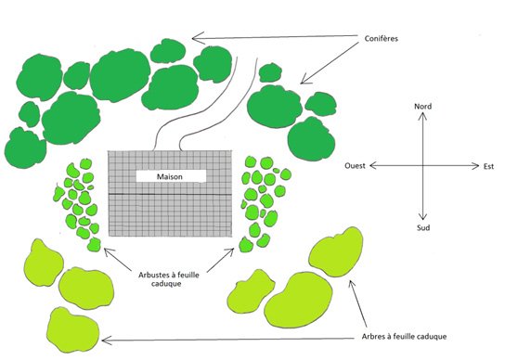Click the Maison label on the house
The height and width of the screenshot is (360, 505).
[170, 176]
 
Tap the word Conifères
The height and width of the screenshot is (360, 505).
[382, 39]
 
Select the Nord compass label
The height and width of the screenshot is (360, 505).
[423, 107]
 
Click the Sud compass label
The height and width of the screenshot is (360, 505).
[423, 227]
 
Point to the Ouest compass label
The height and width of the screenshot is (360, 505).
[355, 165]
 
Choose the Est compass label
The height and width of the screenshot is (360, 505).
[488, 166]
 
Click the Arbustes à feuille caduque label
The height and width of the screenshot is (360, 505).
[169, 279]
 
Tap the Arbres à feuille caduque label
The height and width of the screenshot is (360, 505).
[404, 337]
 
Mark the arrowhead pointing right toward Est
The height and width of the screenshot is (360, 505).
[476, 166]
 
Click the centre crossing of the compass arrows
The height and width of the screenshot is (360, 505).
[422, 166]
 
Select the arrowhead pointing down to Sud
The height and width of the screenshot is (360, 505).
[422, 217]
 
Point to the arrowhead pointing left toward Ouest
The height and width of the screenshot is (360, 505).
[373, 165]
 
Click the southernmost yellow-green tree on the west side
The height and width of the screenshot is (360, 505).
[72, 329]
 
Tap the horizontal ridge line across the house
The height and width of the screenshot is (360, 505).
[170, 194]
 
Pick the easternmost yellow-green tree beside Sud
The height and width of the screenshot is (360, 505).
[336, 252]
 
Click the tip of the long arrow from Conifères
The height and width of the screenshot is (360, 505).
[192, 39]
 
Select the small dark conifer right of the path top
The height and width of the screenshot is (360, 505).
[270, 72]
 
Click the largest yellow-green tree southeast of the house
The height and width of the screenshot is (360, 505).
[298, 300]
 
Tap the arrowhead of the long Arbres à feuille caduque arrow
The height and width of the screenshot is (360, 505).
[102, 341]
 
